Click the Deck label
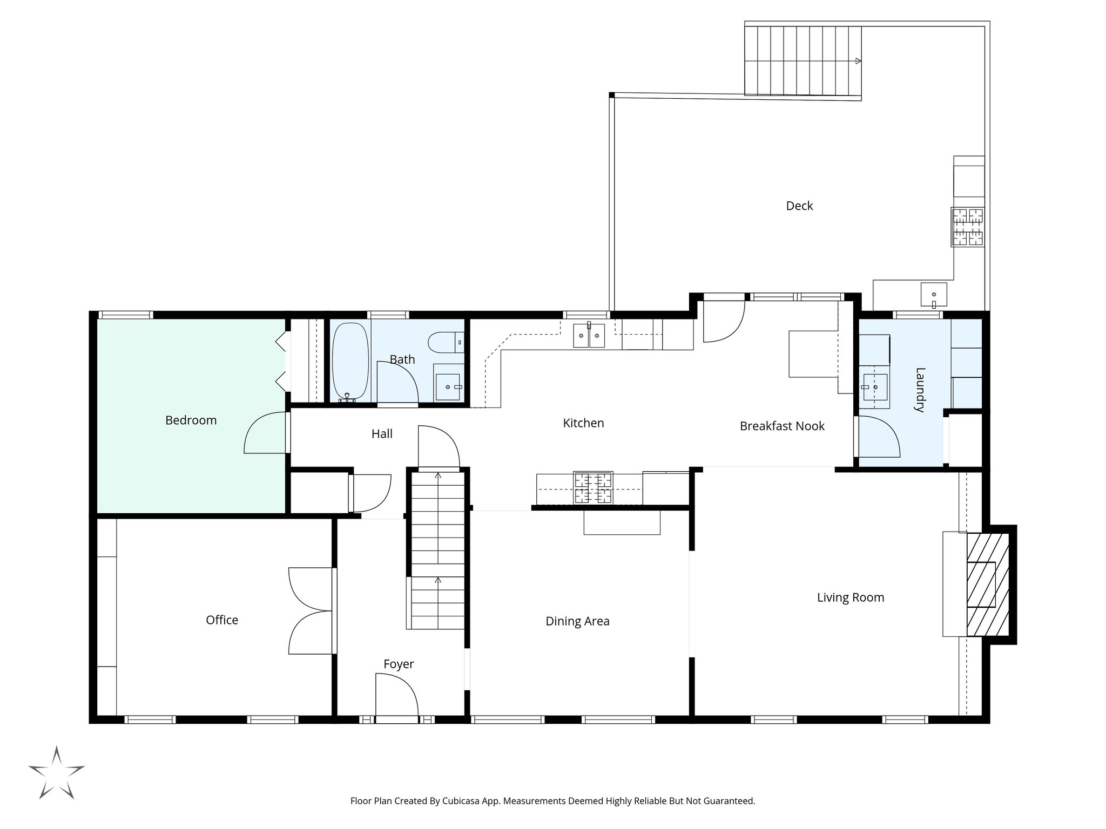799,206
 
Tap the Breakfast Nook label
782,426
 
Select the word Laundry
920,390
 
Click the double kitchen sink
589,336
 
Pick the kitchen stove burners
593,487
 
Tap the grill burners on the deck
967,227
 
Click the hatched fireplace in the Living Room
987,585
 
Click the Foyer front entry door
397,696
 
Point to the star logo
56,773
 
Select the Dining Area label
577,621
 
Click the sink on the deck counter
934,294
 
